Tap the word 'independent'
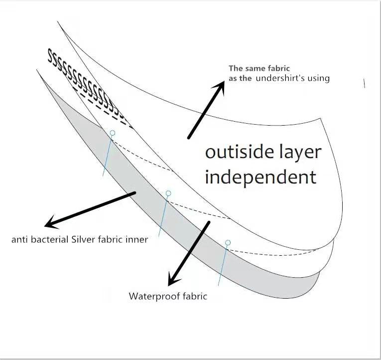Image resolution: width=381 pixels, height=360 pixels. (260, 177)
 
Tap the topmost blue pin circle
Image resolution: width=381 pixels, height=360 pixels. (113, 133)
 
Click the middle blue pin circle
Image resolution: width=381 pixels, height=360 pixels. (168, 193)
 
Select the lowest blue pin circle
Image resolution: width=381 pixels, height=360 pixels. (228, 243)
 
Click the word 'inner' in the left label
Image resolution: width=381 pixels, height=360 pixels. (137, 240)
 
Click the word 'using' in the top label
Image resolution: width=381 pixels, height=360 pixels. (319, 78)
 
